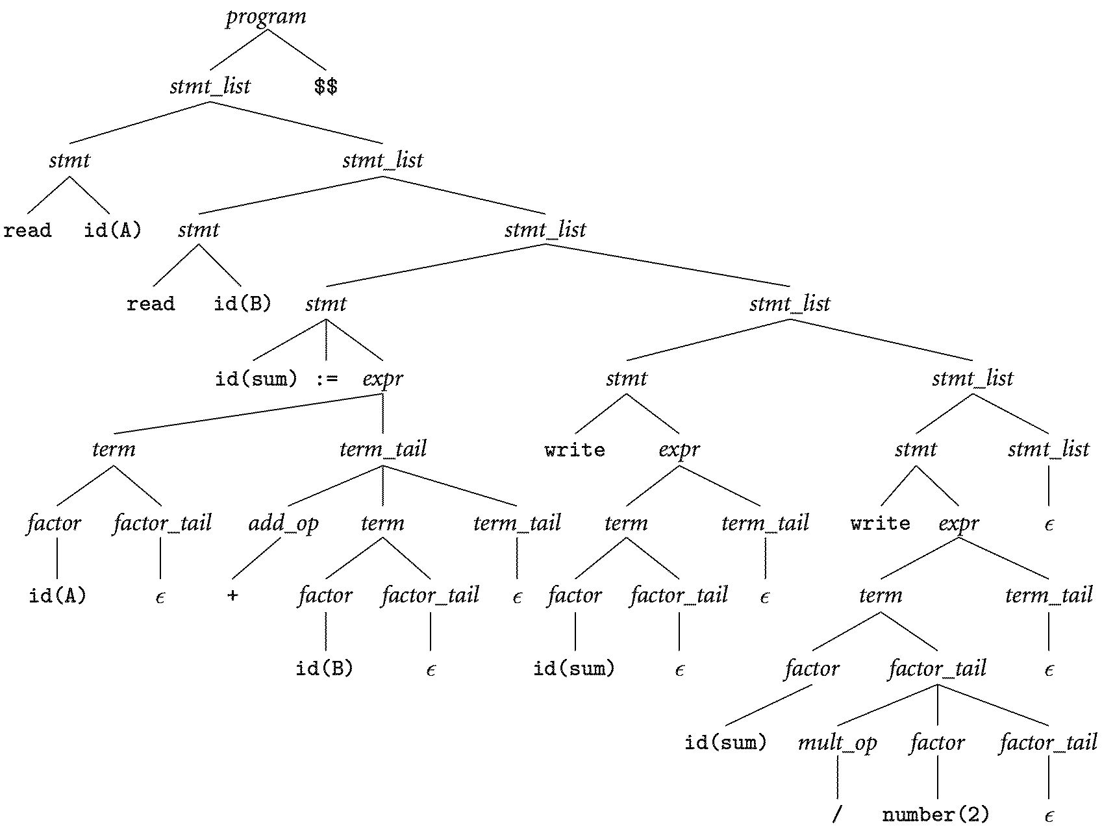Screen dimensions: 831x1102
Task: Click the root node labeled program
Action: point(266,16)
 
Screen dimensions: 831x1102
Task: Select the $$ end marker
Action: point(325,86)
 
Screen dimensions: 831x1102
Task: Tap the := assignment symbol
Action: point(326,378)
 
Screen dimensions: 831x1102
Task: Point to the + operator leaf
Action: point(232,595)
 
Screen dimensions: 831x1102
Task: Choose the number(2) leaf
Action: point(936,814)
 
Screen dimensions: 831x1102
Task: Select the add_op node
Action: point(283,523)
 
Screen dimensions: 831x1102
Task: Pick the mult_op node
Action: point(837,742)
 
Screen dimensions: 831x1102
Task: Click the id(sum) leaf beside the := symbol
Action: point(256,378)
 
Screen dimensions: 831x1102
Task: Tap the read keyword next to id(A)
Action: point(27,230)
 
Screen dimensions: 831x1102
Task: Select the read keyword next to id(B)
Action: point(151,304)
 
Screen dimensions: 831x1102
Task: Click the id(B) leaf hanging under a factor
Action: point(324,668)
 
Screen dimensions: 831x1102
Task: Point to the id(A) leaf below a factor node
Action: point(57,595)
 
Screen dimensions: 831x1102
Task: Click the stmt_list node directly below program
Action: point(210,86)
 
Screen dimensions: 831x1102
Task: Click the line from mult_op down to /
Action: point(837,778)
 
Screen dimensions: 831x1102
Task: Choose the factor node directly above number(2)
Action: point(937,742)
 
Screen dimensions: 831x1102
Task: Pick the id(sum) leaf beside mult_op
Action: point(725,742)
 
